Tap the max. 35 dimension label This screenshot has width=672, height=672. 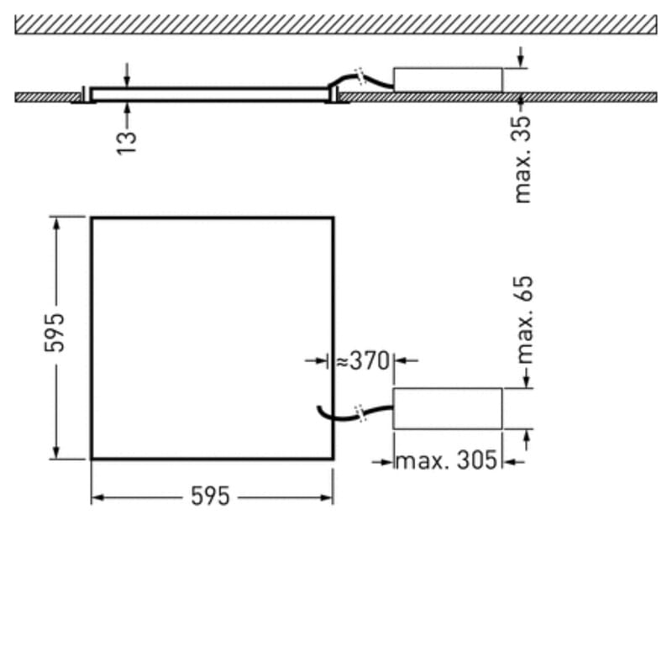522,159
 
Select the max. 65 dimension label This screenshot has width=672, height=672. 524,320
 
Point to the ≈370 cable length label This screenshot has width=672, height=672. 363,360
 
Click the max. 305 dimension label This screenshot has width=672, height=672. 447,460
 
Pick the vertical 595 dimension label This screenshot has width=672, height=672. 55,333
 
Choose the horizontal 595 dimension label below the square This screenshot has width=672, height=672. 210,496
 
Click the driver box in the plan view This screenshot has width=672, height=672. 448,408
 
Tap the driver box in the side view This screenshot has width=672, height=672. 448,80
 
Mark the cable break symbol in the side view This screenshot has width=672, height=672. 360,76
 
